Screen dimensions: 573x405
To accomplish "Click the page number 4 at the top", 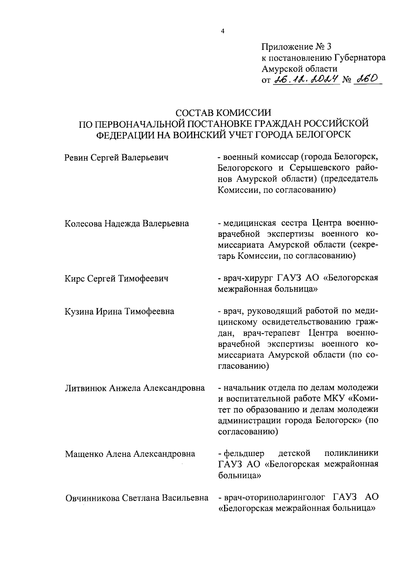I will [222, 32].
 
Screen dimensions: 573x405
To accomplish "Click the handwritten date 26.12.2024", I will [307, 80].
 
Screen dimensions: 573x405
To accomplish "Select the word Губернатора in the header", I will [360, 58].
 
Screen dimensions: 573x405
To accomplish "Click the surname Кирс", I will [74, 278].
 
